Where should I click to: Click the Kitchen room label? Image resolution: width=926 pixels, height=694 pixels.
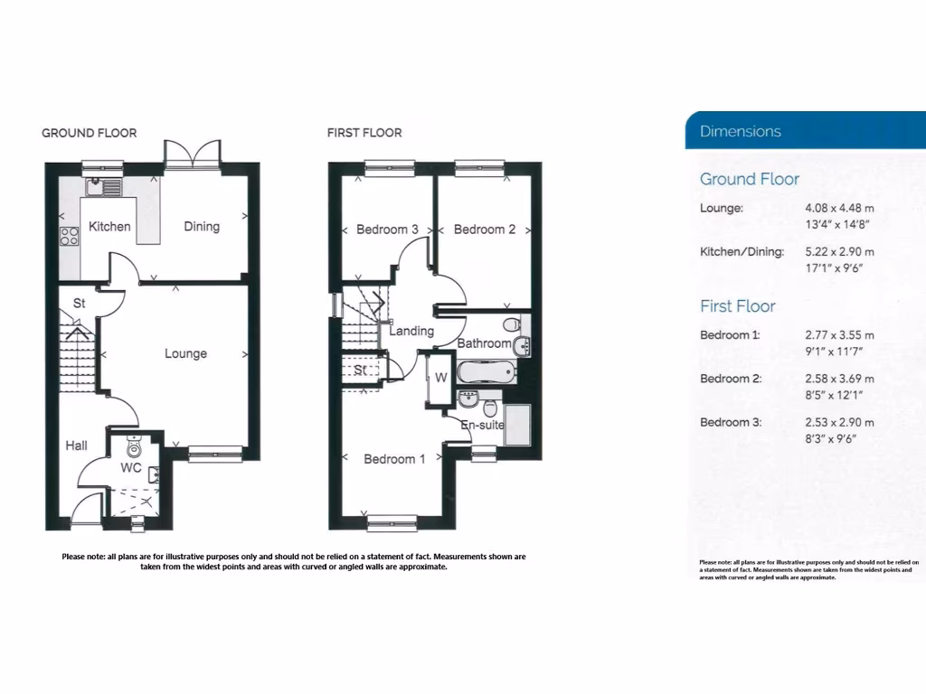(109, 227)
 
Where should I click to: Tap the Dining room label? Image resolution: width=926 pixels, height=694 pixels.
(202, 226)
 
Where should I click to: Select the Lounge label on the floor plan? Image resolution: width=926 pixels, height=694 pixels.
(185, 353)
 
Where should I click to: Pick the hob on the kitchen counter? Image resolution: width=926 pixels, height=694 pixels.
(70, 237)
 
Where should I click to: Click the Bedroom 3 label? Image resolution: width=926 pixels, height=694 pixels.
(387, 230)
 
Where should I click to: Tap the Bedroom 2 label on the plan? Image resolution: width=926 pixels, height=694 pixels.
(485, 230)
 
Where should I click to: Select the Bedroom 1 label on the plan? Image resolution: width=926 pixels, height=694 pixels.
(394, 459)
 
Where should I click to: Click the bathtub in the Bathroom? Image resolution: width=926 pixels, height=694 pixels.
(486, 370)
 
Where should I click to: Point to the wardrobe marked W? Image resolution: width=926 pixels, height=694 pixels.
(440, 377)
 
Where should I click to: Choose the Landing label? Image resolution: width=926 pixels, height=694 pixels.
(411, 331)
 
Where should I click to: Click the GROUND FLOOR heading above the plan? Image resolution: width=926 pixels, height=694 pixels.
(90, 133)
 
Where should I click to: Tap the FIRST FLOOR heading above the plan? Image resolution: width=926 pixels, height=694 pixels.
(364, 133)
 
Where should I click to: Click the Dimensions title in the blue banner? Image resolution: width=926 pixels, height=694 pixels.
(740, 131)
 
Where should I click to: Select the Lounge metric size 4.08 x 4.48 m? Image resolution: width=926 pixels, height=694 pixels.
(839, 208)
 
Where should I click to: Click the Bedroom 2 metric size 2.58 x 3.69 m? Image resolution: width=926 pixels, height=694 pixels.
(839, 379)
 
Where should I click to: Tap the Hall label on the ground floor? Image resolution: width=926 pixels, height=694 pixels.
(76, 445)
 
